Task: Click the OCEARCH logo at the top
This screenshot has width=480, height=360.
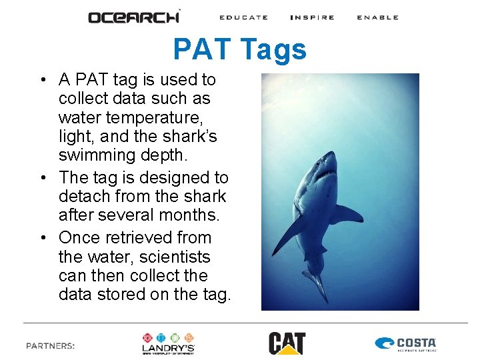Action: (x=134, y=17)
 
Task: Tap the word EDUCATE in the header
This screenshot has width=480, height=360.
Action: (x=243, y=17)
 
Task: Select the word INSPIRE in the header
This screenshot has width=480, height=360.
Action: (x=312, y=17)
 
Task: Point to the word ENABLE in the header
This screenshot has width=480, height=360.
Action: (x=377, y=17)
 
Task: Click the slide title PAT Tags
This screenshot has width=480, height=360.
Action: (x=240, y=50)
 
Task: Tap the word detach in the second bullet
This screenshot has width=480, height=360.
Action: (x=81, y=197)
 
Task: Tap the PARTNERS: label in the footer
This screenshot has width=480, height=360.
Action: (x=51, y=345)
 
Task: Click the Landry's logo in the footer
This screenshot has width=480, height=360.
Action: (x=168, y=343)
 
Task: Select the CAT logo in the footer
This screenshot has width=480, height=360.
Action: (x=287, y=343)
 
